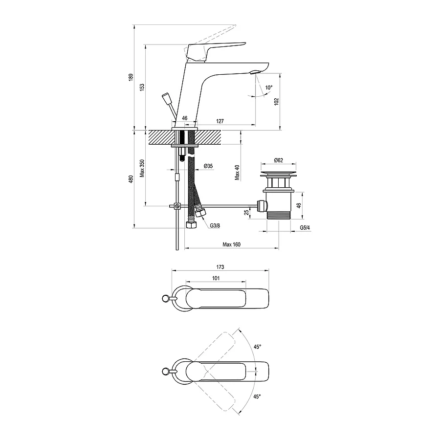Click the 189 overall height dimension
131,77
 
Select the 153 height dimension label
142,87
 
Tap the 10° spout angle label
269,88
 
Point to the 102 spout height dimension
276,102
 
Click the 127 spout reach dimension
220,121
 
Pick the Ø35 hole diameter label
208,166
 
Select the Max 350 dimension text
142,168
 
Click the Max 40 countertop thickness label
238,173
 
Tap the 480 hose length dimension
131,179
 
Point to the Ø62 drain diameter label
278,160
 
